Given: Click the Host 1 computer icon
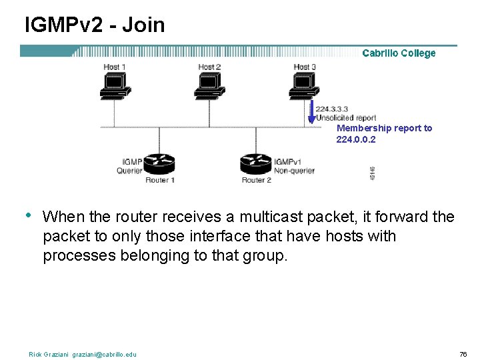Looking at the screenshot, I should tap(114, 85).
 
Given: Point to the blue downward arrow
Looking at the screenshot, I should tap(311, 112).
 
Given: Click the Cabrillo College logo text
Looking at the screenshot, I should tap(399, 53).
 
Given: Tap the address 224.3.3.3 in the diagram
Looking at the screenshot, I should tap(331, 109).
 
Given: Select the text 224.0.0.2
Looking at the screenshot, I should tap(356, 140).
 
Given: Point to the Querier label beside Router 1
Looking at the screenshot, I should tap(129, 171).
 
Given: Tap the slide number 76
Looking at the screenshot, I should tap(463, 354).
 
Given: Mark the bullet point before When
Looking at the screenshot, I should tap(28, 215).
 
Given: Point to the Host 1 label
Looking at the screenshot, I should tap(115, 67).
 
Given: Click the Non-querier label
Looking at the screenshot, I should tap(294, 171).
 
